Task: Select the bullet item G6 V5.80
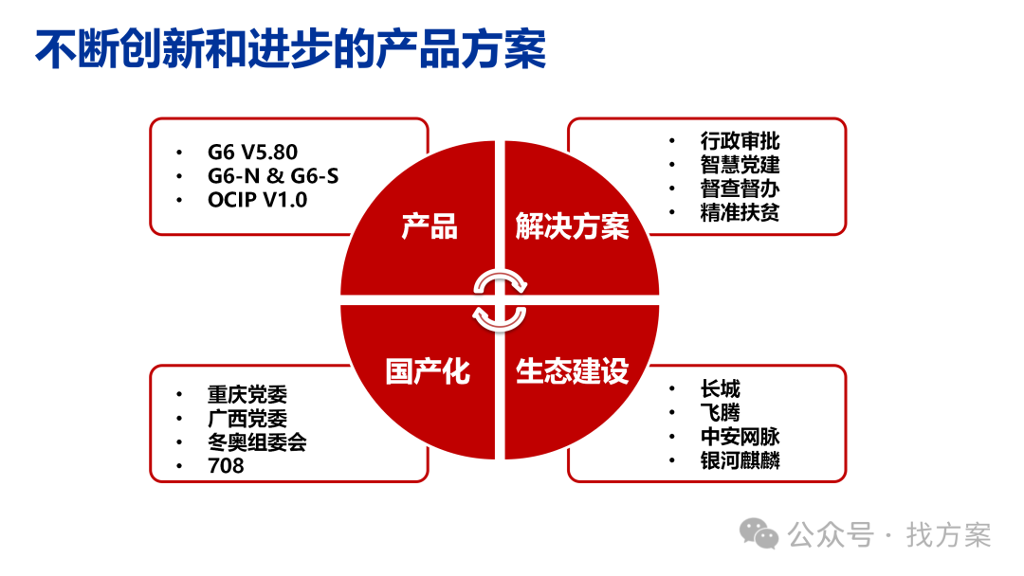click(252, 152)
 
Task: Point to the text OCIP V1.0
click(257, 200)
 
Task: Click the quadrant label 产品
click(430, 227)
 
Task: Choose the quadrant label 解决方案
click(572, 227)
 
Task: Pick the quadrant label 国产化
click(428, 371)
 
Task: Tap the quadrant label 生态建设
click(572, 371)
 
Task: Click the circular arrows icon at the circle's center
click(500, 299)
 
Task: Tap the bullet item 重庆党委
click(247, 394)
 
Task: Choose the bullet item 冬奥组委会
click(257, 441)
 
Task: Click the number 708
click(226, 466)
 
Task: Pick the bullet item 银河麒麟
click(740, 461)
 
